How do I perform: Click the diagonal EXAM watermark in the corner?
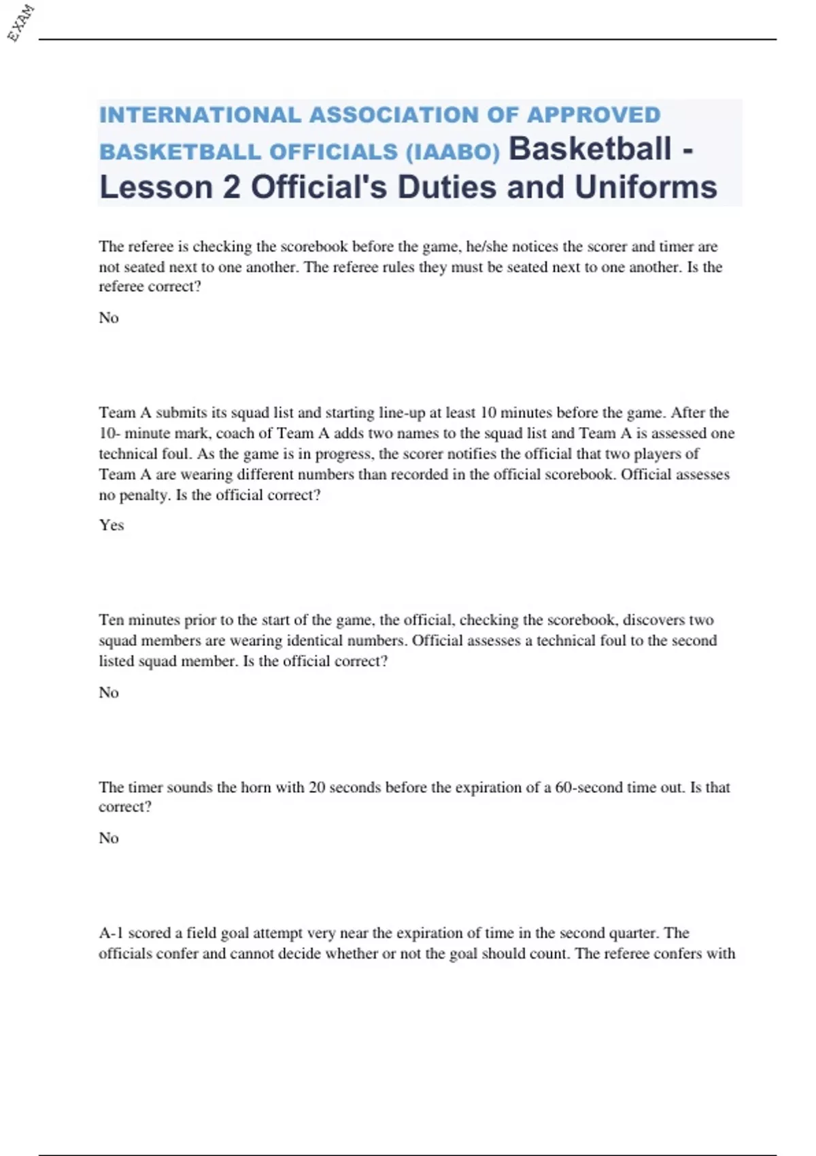(21, 23)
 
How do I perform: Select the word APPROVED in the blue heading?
(594, 115)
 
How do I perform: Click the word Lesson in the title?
(156, 187)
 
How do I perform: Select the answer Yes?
(112, 525)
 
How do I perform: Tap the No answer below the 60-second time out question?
(109, 838)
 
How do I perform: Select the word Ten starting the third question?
(112, 620)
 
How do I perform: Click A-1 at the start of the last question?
(111, 933)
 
